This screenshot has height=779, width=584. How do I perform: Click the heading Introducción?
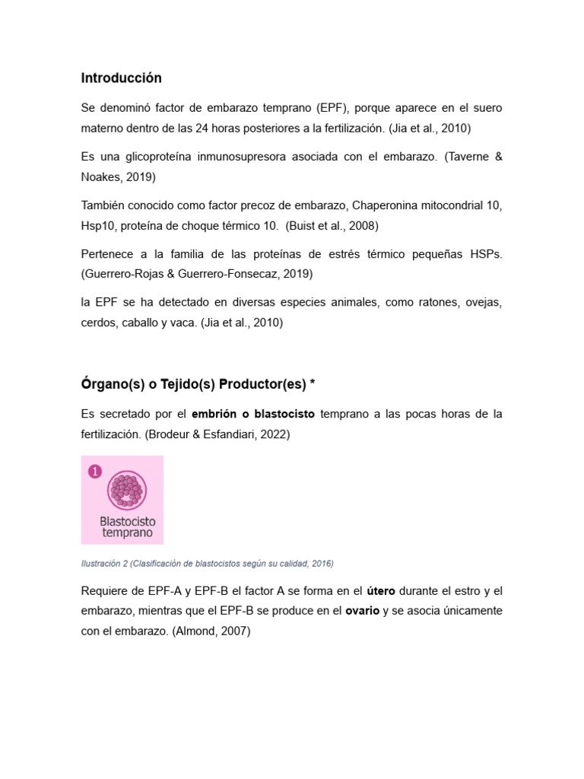[x=121, y=78]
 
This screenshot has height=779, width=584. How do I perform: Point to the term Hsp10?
[x=97, y=225]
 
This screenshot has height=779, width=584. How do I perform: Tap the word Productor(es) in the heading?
[x=262, y=385]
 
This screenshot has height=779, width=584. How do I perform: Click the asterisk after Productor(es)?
[x=312, y=384]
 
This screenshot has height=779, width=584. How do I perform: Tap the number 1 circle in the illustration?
[x=95, y=472]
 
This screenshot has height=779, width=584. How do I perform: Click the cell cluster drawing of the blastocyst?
[x=127, y=490]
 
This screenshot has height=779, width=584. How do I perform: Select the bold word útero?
[x=381, y=591]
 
